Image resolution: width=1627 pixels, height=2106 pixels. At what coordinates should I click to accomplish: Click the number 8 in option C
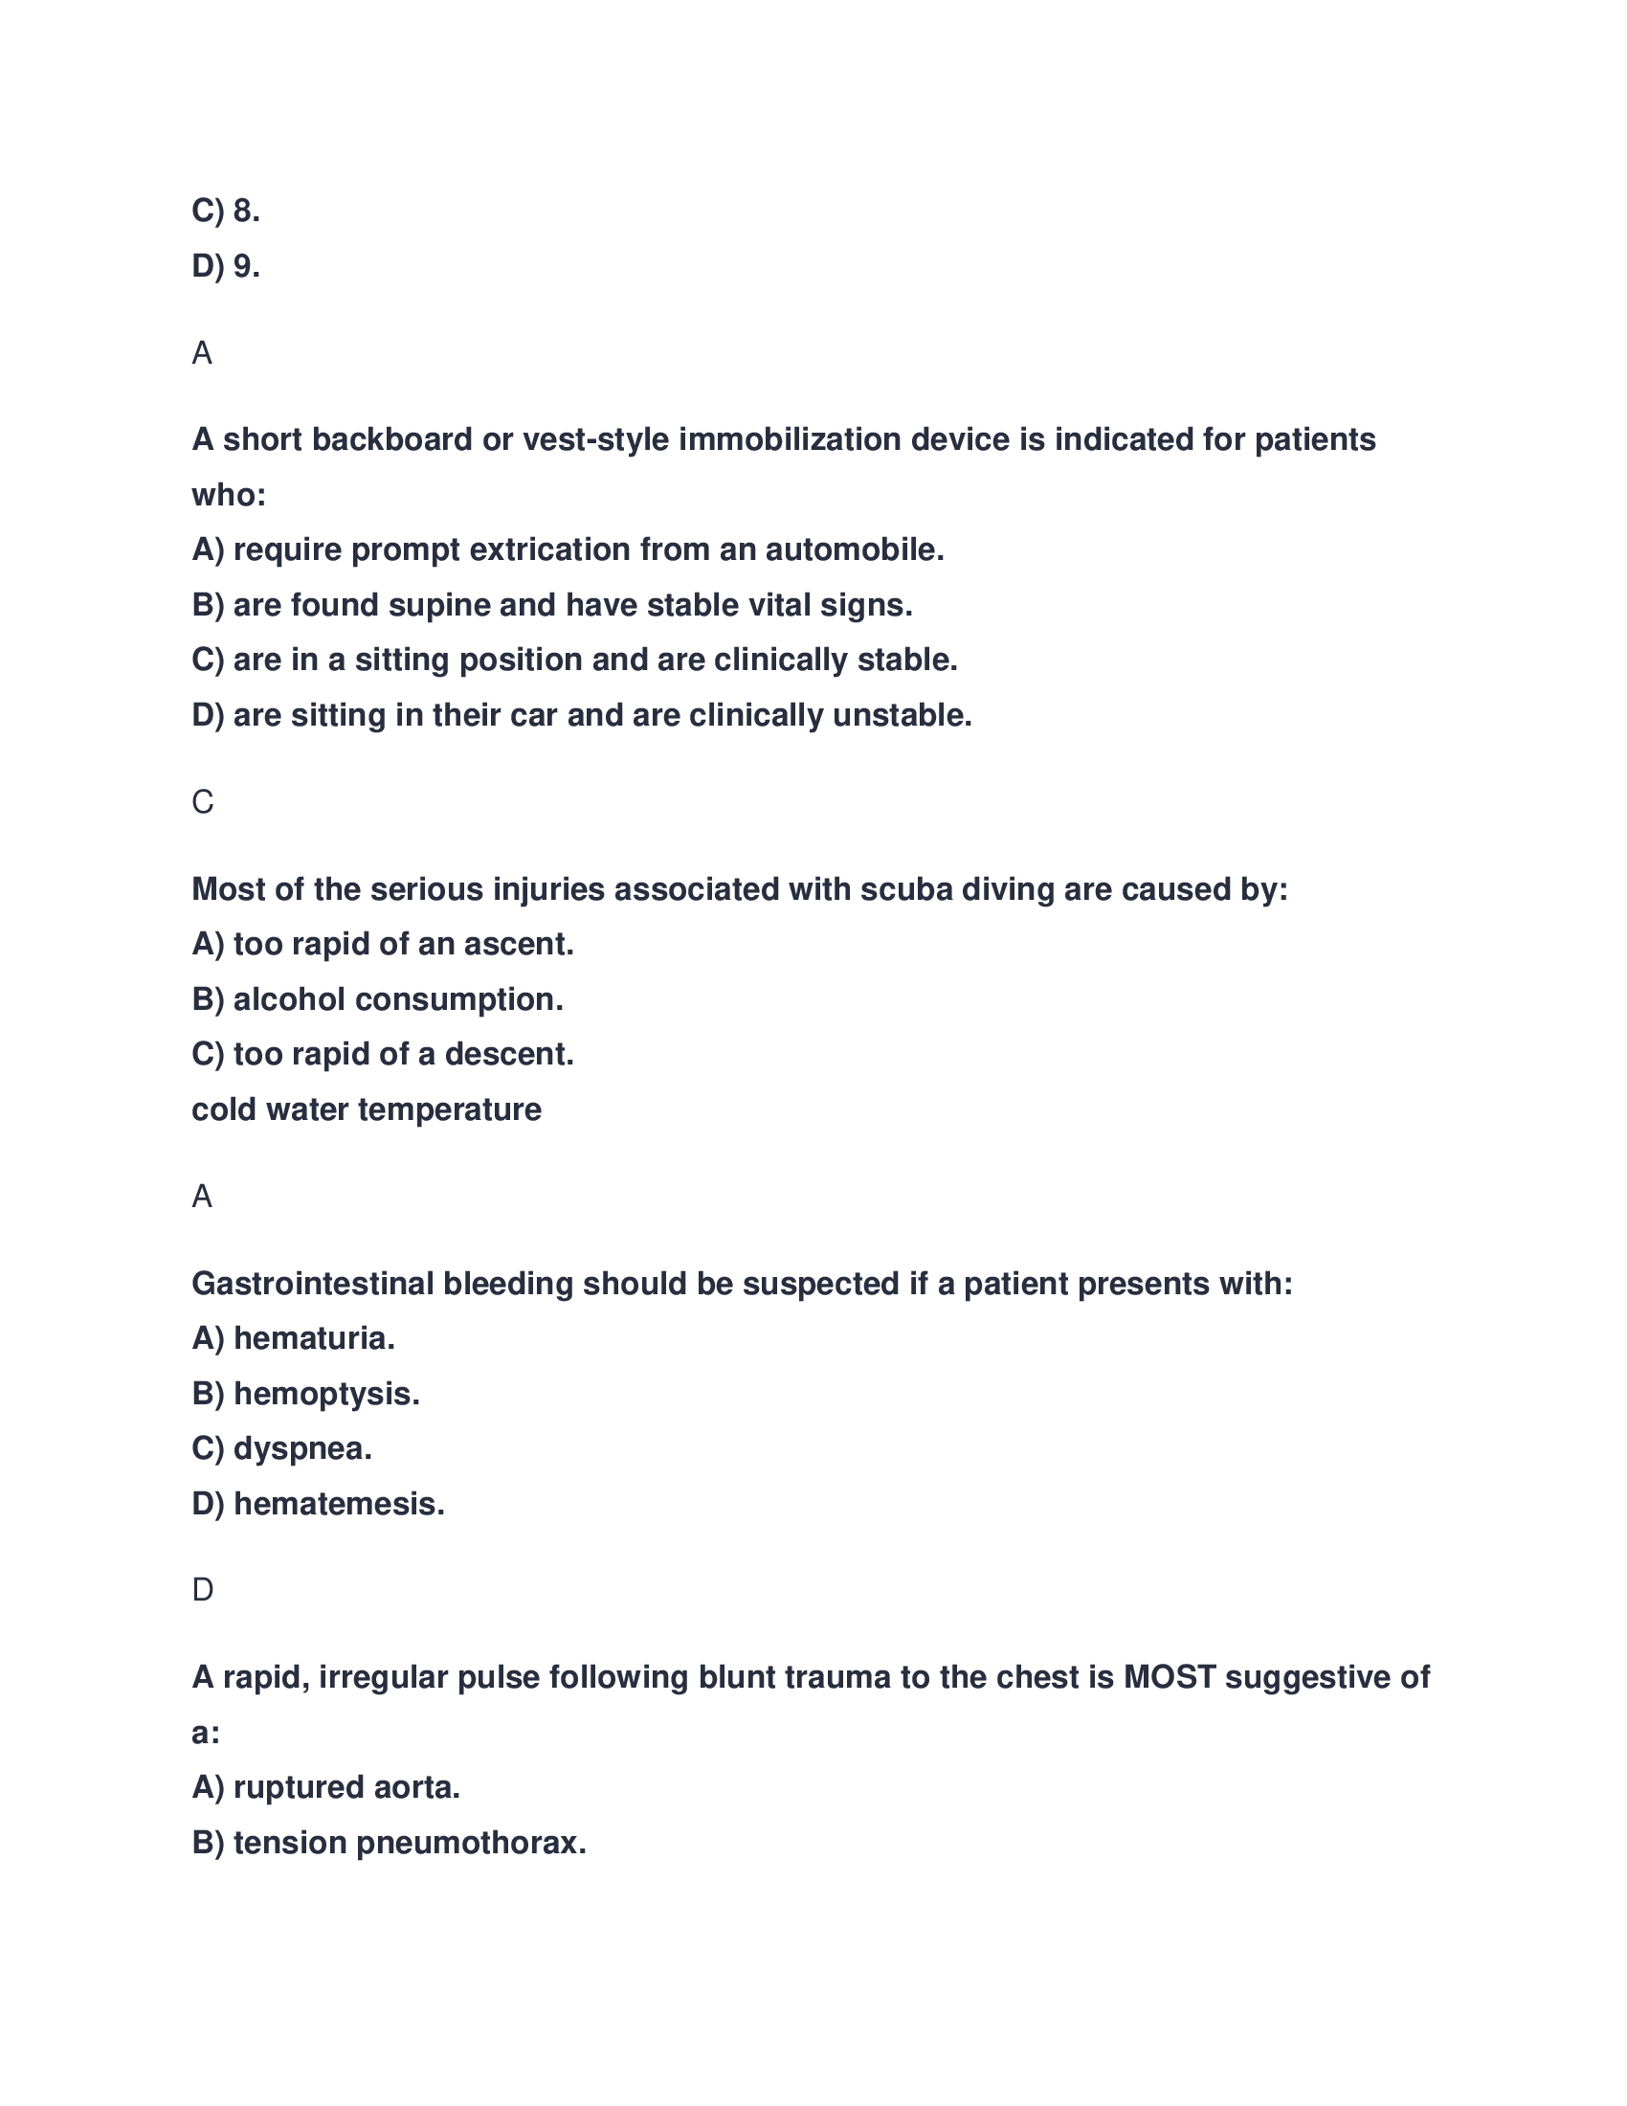[243, 211]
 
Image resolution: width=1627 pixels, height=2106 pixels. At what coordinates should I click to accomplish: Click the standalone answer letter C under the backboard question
[202, 802]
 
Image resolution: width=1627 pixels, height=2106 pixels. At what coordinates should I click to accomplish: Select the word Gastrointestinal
[312, 1285]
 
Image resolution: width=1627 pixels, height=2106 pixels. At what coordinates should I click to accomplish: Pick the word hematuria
[314, 1338]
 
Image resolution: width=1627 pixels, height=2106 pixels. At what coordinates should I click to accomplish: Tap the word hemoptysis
[326, 1395]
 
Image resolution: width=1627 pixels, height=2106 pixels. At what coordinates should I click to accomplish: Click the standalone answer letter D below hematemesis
[202, 1590]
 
